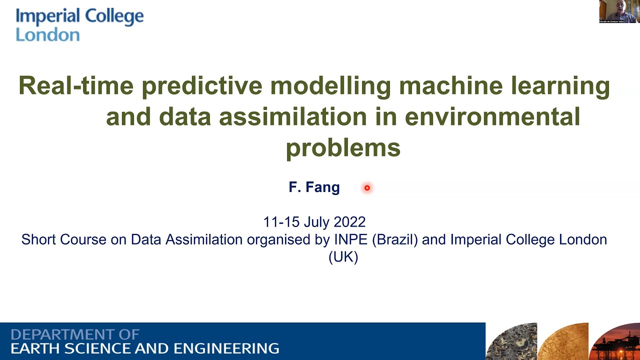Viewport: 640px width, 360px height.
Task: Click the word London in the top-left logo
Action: [x=47, y=34]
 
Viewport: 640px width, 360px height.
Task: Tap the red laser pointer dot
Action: [x=367, y=188]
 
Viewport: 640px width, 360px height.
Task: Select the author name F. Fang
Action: [x=314, y=187]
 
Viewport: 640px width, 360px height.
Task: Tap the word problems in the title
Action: [x=343, y=147]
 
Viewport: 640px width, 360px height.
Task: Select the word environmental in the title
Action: [x=492, y=116]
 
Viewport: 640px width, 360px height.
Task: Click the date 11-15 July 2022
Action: [x=314, y=221]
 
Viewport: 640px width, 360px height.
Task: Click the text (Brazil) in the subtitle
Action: [x=395, y=239]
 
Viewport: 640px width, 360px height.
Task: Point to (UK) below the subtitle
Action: [x=343, y=257]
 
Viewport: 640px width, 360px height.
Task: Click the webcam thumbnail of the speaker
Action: [x=618, y=11]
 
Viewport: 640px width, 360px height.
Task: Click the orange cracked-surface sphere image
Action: [x=564, y=343]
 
